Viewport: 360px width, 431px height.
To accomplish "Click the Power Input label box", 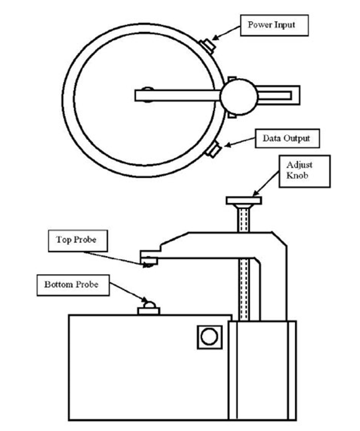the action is coord(275,25).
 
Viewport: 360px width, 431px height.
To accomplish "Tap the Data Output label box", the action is coord(287,138).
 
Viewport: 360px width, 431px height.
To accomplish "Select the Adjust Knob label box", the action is coord(304,171).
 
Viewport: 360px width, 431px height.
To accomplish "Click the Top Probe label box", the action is coord(78,241).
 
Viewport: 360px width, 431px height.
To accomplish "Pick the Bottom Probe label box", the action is coord(73,285).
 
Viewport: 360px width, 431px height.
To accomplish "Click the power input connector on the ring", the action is coord(207,46).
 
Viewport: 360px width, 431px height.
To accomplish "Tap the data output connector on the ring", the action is coord(213,149).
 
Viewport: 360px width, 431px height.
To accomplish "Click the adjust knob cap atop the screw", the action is coord(244,201).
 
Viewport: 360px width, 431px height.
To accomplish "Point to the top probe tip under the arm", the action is coord(148,265).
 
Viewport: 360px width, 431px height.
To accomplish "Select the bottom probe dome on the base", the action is coord(150,305).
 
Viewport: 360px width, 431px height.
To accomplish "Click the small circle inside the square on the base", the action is coord(209,336).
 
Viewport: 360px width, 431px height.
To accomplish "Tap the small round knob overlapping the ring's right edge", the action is coord(239,96).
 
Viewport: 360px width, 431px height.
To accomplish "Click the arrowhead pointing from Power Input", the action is coord(216,38).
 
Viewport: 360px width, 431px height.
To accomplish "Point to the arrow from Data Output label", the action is coord(240,142).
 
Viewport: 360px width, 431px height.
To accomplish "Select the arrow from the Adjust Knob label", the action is coord(266,184).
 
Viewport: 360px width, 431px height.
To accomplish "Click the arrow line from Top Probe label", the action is coord(115,259).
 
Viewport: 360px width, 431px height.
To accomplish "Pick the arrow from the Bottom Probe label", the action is coord(129,292).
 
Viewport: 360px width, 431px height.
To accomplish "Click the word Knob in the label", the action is coord(297,176).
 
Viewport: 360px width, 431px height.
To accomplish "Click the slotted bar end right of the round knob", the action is coord(279,96).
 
